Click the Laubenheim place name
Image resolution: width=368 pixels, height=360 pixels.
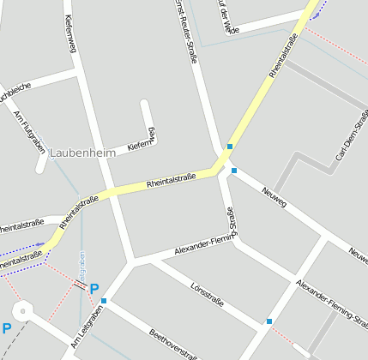point(82,153)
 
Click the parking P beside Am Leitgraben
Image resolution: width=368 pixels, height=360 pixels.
point(94,289)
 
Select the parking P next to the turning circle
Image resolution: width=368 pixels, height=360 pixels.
point(7,328)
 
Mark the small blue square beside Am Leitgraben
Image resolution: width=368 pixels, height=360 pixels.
point(103,301)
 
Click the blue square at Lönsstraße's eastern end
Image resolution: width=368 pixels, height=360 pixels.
point(269,321)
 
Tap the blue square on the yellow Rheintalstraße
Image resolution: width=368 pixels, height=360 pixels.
point(230,147)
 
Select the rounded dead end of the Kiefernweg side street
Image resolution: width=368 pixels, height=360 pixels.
point(145,105)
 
